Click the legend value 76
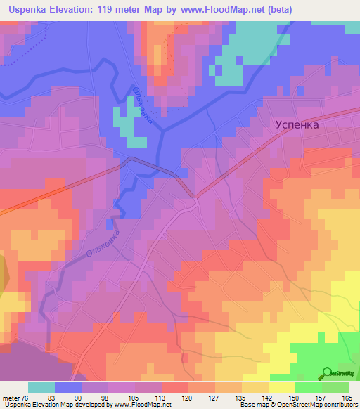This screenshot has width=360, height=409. pos(21,398)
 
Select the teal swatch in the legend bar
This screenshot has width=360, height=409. pos(41,388)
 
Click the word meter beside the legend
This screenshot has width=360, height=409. pos(8,398)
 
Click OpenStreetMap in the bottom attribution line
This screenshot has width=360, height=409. pos(289,405)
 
